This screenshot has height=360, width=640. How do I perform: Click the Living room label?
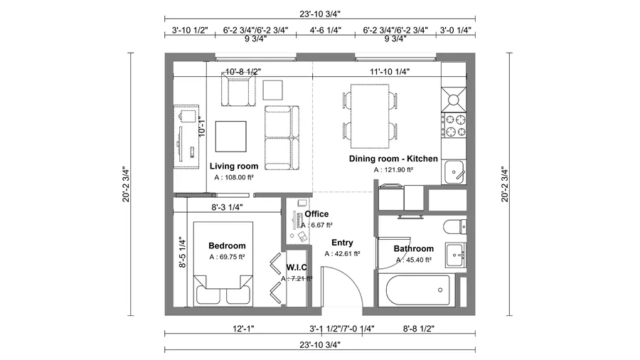234,166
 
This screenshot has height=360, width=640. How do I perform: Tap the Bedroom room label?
227,245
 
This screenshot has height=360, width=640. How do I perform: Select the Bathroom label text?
413,249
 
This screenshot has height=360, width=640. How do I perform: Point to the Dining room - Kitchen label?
393,159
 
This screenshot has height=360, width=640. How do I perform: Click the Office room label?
316,213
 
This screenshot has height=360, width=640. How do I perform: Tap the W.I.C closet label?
296,267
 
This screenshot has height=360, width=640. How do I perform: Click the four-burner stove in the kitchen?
454,125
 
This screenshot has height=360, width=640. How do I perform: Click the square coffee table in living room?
231,136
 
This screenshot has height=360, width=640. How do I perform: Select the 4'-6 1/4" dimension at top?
325,31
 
